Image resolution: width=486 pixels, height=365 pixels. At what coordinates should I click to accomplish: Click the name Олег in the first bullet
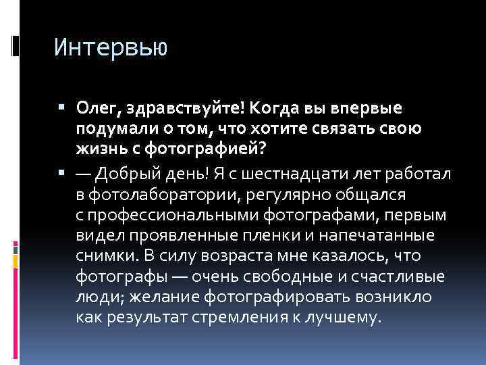pyautogui.click(x=97, y=109)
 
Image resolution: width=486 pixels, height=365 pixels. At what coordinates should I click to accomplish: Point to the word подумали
pyautogui.click(x=114, y=129)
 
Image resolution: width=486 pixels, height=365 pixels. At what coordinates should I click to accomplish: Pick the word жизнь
pyautogui.click(x=97, y=149)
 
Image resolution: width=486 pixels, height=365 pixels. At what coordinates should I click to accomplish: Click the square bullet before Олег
pyautogui.click(x=61, y=108)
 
